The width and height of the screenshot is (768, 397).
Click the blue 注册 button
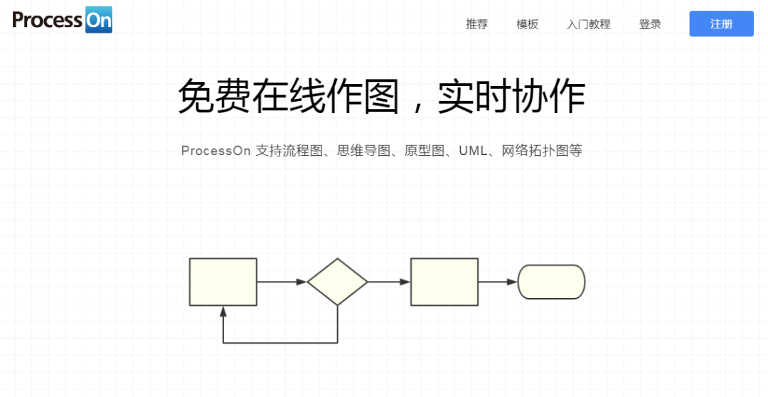point(721,23)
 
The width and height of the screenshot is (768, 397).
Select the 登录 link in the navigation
point(650,24)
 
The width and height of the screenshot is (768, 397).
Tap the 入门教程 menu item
point(588,24)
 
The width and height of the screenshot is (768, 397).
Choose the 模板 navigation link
point(527,24)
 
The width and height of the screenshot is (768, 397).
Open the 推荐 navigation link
point(476,24)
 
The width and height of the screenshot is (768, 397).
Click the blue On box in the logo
point(98,20)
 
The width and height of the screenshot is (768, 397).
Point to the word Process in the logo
point(47,20)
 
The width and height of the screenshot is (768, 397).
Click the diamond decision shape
point(337,282)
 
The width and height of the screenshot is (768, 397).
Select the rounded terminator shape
point(551,282)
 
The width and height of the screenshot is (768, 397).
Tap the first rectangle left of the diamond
point(223,282)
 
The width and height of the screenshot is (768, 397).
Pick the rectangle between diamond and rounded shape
point(444,282)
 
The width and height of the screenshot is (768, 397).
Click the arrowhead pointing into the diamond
point(302,282)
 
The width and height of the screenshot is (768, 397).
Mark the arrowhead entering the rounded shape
point(512,282)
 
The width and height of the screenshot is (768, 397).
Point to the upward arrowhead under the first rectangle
point(223,311)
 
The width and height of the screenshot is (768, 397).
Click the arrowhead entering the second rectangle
point(405,282)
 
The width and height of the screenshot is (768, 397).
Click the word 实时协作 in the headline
point(511,97)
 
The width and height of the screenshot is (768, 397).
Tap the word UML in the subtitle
point(473,151)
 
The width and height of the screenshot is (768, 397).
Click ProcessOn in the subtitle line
point(215,151)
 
